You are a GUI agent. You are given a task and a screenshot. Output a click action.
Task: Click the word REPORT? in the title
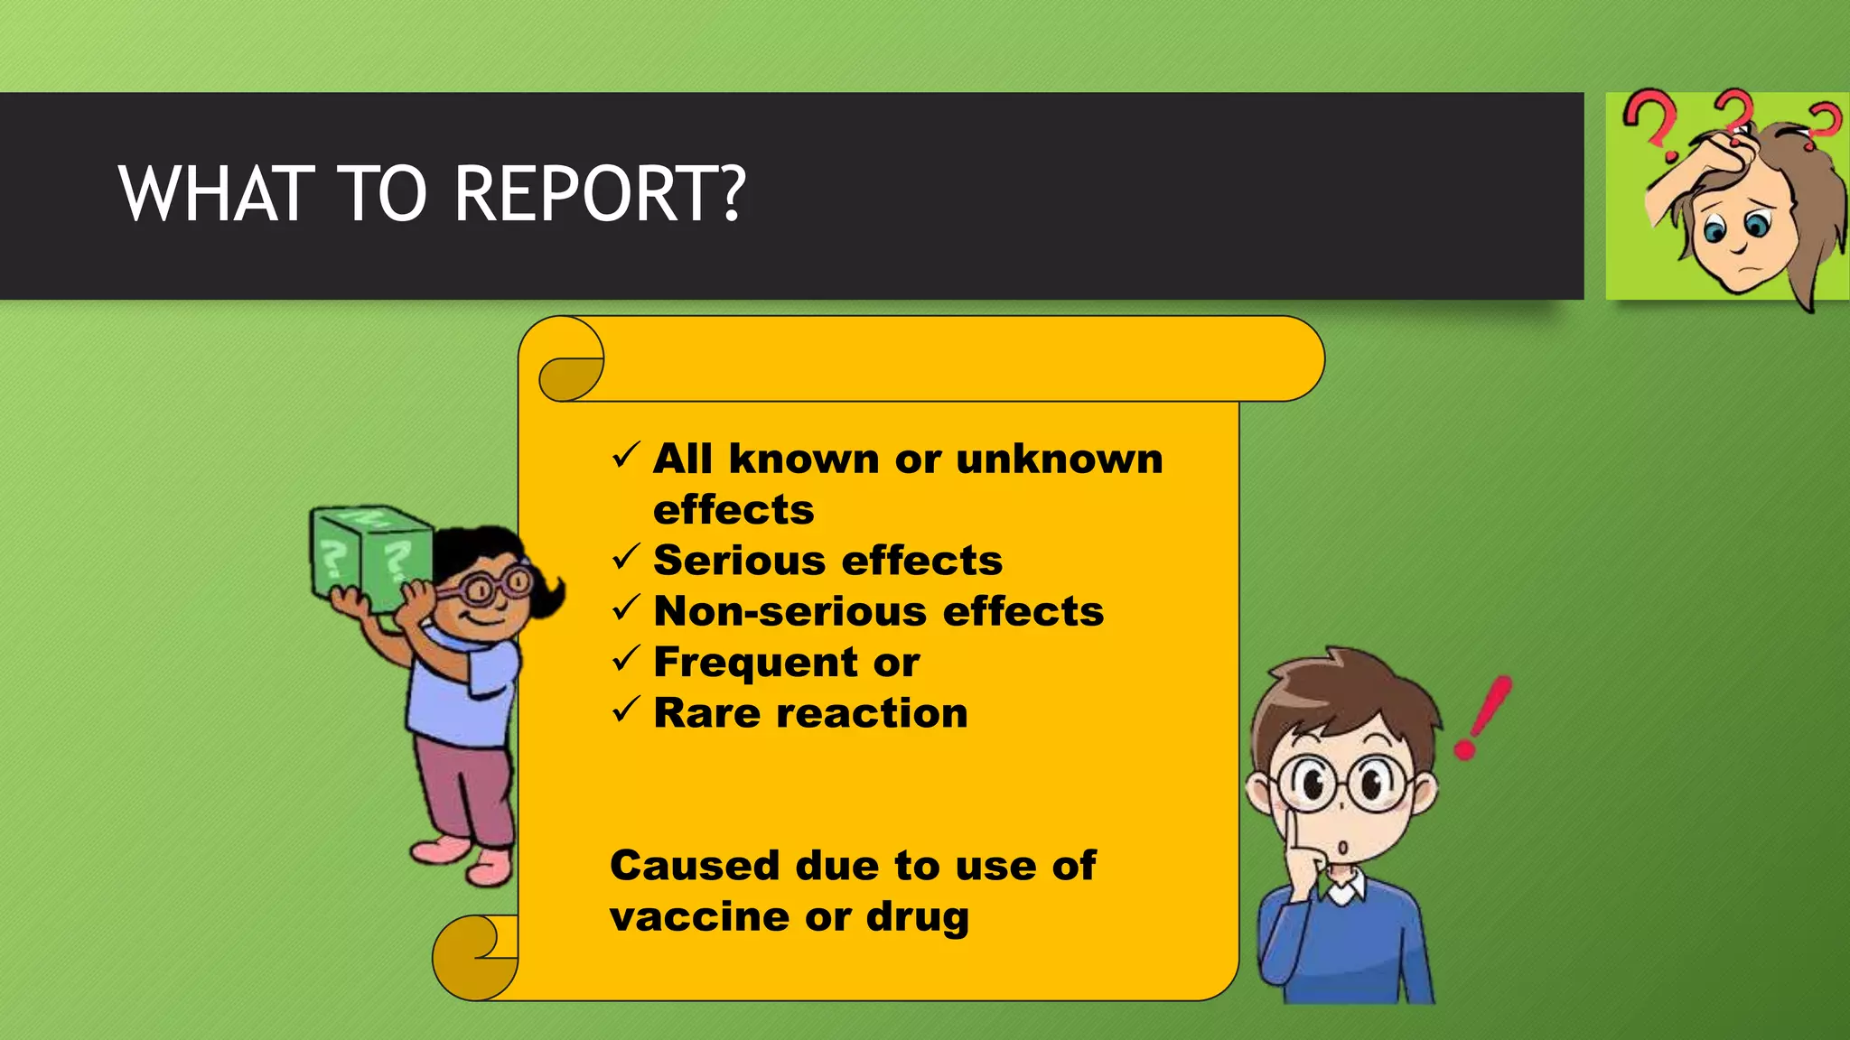click(600, 193)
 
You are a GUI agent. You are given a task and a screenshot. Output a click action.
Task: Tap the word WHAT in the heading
click(210, 193)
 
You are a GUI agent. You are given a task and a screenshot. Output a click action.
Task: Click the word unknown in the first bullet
click(1059, 459)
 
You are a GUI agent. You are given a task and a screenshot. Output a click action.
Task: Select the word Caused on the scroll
click(694, 865)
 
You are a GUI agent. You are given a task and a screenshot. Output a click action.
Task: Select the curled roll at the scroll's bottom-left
click(474, 957)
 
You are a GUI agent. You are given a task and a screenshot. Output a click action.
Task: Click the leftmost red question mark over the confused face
click(1651, 117)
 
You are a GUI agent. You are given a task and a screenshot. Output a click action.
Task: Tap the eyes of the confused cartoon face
click(1734, 226)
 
